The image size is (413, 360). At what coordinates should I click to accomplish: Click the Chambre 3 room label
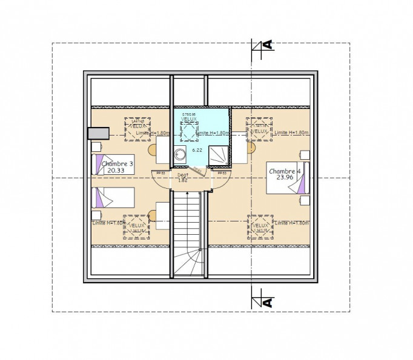[117, 164]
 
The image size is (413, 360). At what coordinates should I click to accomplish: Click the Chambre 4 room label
[285, 171]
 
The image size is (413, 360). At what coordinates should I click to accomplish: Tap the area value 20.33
[116, 171]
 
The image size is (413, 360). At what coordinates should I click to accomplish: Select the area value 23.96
[285, 178]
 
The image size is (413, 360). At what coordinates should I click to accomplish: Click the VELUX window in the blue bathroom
[190, 128]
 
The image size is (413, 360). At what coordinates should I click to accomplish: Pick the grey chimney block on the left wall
[97, 133]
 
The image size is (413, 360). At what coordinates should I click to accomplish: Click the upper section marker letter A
[266, 45]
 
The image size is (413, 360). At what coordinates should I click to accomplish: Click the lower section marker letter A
[266, 301]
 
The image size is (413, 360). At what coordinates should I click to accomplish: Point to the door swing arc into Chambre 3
[161, 180]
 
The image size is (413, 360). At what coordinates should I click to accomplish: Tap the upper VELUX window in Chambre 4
[259, 129]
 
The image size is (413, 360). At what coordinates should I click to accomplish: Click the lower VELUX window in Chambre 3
[137, 226]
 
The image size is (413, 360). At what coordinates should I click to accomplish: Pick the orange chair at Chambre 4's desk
[253, 146]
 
